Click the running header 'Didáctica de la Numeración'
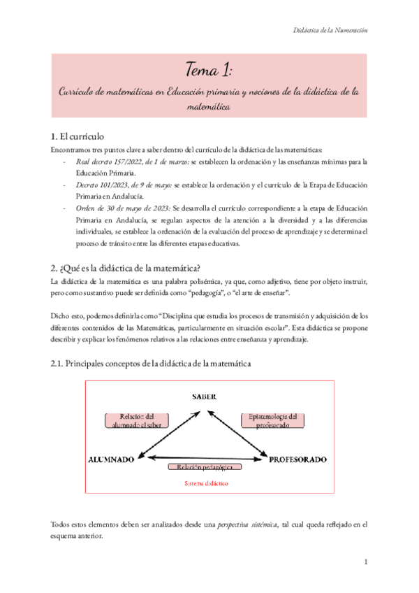tap(328, 30)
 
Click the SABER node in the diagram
tap(206, 396)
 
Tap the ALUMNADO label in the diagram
tap(112, 459)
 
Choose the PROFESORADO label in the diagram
tap(298, 459)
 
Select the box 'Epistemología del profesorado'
tap(273, 420)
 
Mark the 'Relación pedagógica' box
tap(205, 466)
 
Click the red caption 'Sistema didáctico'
tap(206, 483)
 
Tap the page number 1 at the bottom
tap(366, 562)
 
